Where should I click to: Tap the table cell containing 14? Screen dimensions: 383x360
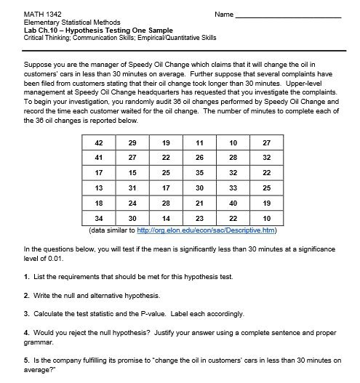[x=166, y=218]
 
